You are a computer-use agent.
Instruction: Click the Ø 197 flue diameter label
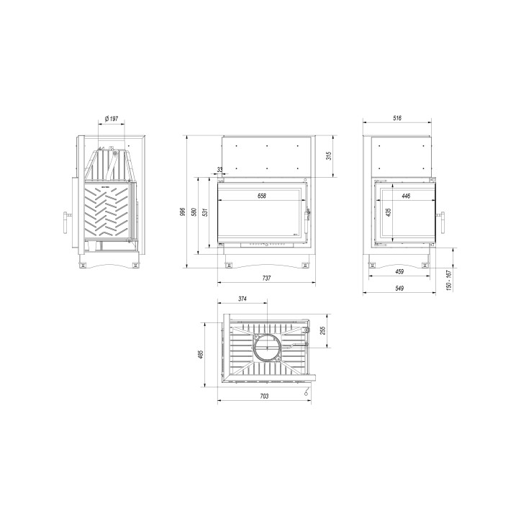[x=112, y=119]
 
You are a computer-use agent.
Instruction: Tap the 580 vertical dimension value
[x=194, y=215]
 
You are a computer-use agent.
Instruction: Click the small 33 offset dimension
[x=219, y=170]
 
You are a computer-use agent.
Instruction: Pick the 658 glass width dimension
[x=262, y=197]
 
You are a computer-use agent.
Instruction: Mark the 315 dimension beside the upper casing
[x=328, y=156]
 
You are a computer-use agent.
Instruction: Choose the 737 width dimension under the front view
[x=266, y=278]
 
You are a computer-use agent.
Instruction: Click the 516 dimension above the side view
[x=397, y=119]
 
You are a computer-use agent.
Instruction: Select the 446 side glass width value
[x=407, y=195]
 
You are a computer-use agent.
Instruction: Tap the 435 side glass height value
[x=389, y=213]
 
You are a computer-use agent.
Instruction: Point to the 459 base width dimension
[x=399, y=272]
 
